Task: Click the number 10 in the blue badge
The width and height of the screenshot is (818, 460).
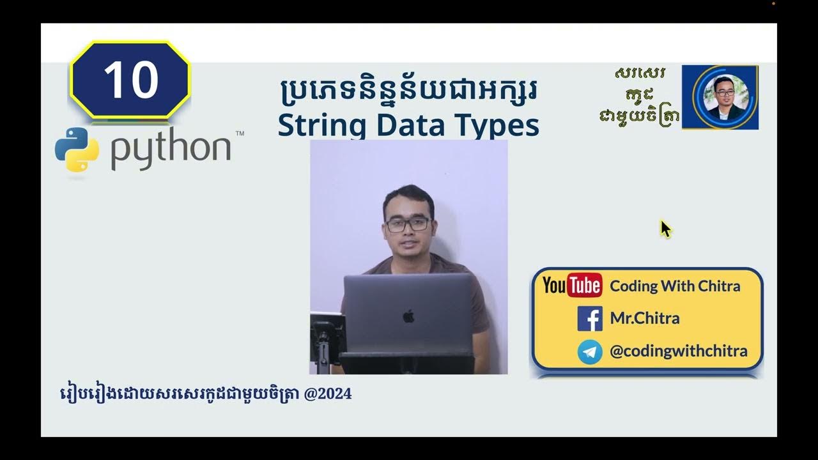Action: (130, 80)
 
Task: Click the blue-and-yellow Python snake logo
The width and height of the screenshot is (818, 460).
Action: (77, 149)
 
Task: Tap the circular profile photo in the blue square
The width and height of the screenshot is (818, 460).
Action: (720, 97)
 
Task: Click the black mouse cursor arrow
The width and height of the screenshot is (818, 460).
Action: (665, 229)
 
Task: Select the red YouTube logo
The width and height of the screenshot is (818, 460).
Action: (572, 286)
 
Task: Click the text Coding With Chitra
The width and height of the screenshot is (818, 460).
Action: (675, 286)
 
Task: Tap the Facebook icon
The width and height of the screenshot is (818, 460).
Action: (590, 318)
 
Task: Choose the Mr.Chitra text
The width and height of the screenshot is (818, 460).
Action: (645, 318)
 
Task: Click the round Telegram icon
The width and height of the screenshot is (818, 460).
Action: (590, 351)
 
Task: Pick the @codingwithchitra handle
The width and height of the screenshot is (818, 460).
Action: (679, 351)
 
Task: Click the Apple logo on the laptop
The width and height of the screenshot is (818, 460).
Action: (409, 315)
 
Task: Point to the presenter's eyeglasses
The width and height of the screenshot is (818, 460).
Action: (408, 224)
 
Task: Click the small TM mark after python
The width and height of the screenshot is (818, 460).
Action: (240, 134)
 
